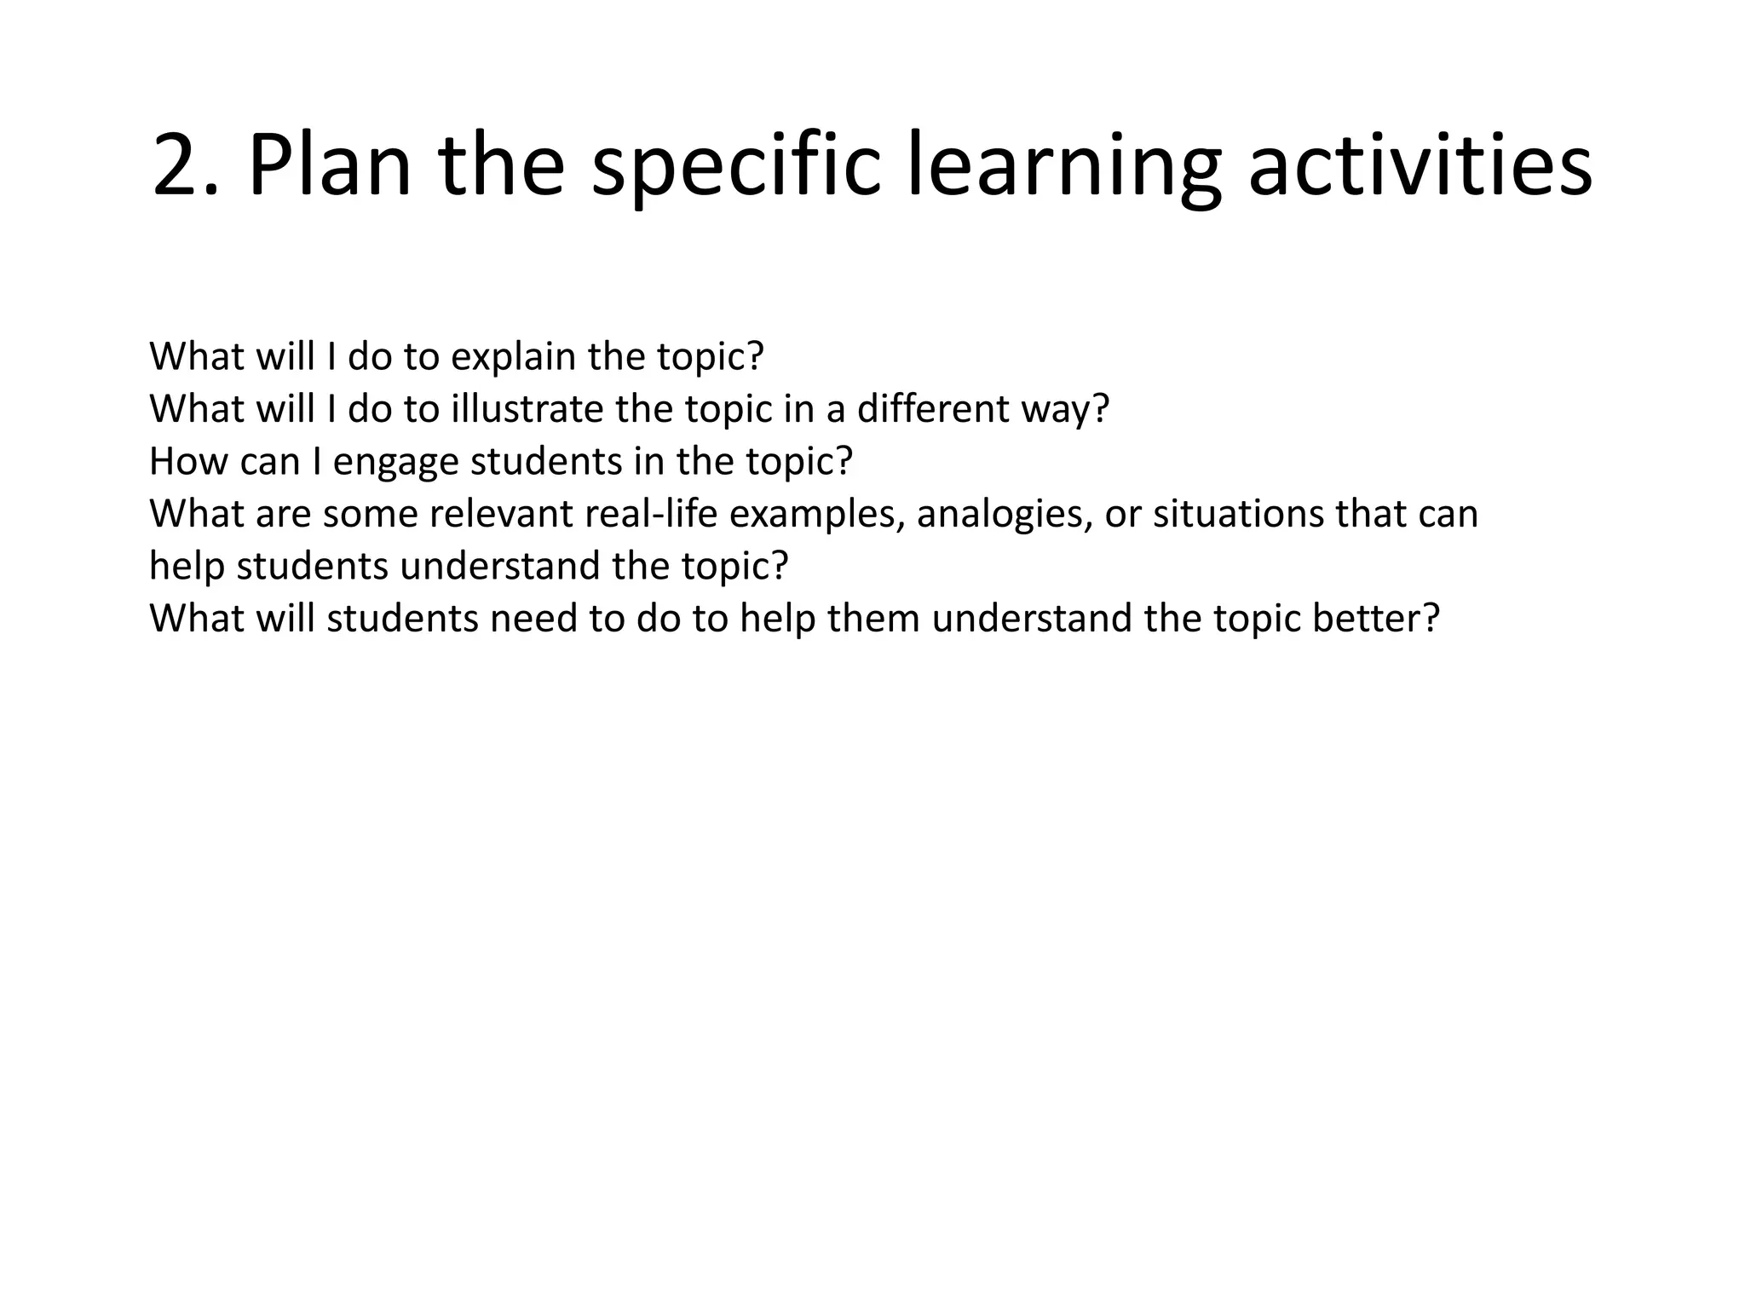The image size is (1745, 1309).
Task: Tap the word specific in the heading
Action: tap(735, 164)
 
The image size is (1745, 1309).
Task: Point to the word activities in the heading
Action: tap(1420, 164)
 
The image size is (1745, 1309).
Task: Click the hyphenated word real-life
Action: tap(649, 514)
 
